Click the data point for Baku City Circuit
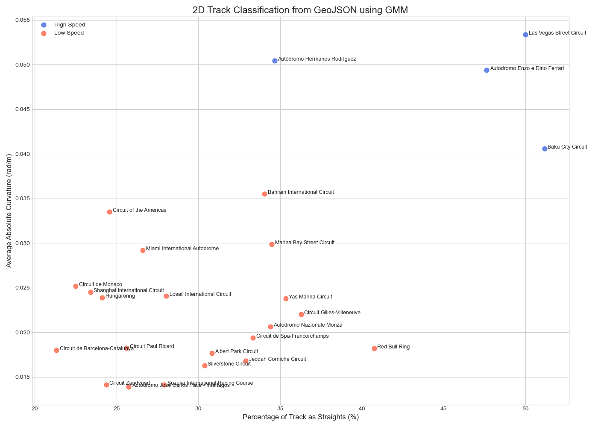click(x=545, y=149)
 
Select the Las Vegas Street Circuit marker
click(x=525, y=35)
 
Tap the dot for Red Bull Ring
click(x=374, y=348)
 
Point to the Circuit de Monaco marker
click(x=76, y=286)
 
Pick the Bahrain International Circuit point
click(x=264, y=194)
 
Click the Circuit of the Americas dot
click(x=109, y=212)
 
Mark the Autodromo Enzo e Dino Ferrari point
click(x=487, y=70)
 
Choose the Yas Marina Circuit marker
click(x=286, y=298)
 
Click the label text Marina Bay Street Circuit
click(x=305, y=243)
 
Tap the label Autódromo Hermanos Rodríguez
click(x=317, y=59)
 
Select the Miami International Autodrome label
click(x=182, y=249)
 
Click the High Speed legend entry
click(x=70, y=25)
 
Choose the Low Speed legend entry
click(x=69, y=33)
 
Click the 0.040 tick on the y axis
click(x=21, y=154)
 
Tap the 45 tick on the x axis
click(x=444, y=409)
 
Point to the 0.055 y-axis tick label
click(x=21, y=20)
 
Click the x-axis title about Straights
click(x=300, y=417)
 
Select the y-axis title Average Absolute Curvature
click(x=9, y=211)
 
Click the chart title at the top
click(x=300, y=10)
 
